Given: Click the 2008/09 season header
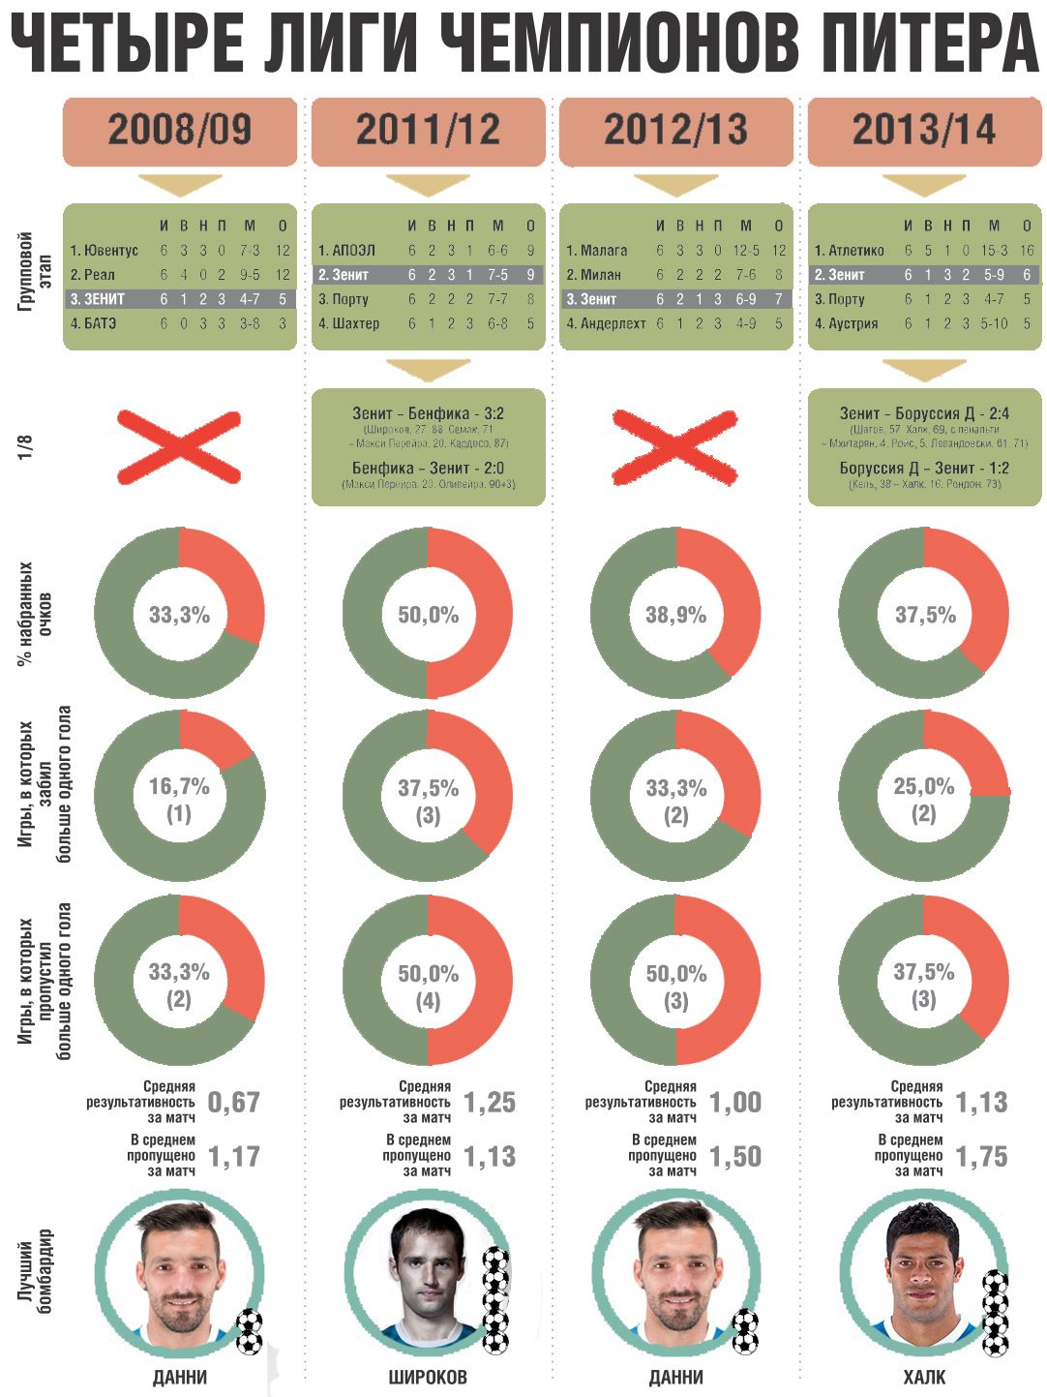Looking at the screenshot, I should click(179, 130).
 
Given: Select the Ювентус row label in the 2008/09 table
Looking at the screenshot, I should click(104, 251).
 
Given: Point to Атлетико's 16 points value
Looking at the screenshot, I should click(1027, 251).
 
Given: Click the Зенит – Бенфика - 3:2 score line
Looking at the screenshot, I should click(428, 413).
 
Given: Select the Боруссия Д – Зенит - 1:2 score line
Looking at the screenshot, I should click(923, 469).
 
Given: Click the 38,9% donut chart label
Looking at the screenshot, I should click(675, 615).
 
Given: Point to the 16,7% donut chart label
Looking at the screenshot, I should click(179, 787).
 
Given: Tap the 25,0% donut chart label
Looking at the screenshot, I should click(923, 787).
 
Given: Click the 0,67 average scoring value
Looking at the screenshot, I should click(233, 1102).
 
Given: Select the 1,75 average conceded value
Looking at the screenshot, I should click(981, 1156).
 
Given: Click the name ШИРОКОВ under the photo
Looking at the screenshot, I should click(428, 1377).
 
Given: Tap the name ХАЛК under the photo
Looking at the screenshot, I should click(923, 1377).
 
